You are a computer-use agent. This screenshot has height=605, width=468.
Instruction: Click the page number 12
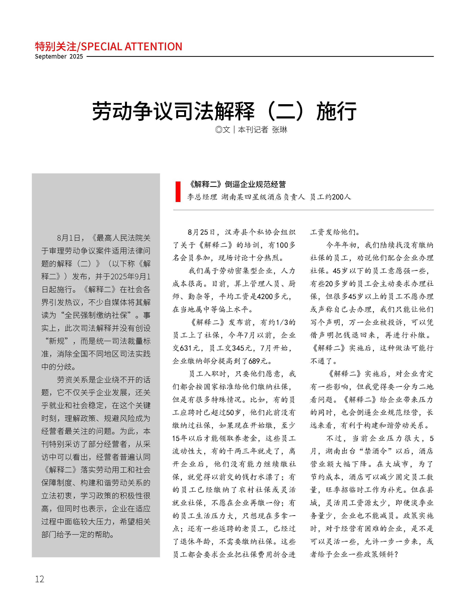[x=39, y=579]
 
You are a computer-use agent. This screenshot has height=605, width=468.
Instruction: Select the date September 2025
[x=59, y=56]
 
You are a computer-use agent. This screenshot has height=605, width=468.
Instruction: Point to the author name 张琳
[x=279, y=130]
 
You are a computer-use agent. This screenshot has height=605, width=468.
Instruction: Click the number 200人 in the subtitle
[x=341, y=197]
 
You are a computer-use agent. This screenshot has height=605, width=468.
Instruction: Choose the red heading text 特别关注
[x=55, y=47]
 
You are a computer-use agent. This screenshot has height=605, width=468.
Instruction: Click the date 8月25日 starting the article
[x=201, y=232]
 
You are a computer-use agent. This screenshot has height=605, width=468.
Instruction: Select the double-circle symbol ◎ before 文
[x=219, y=130]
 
